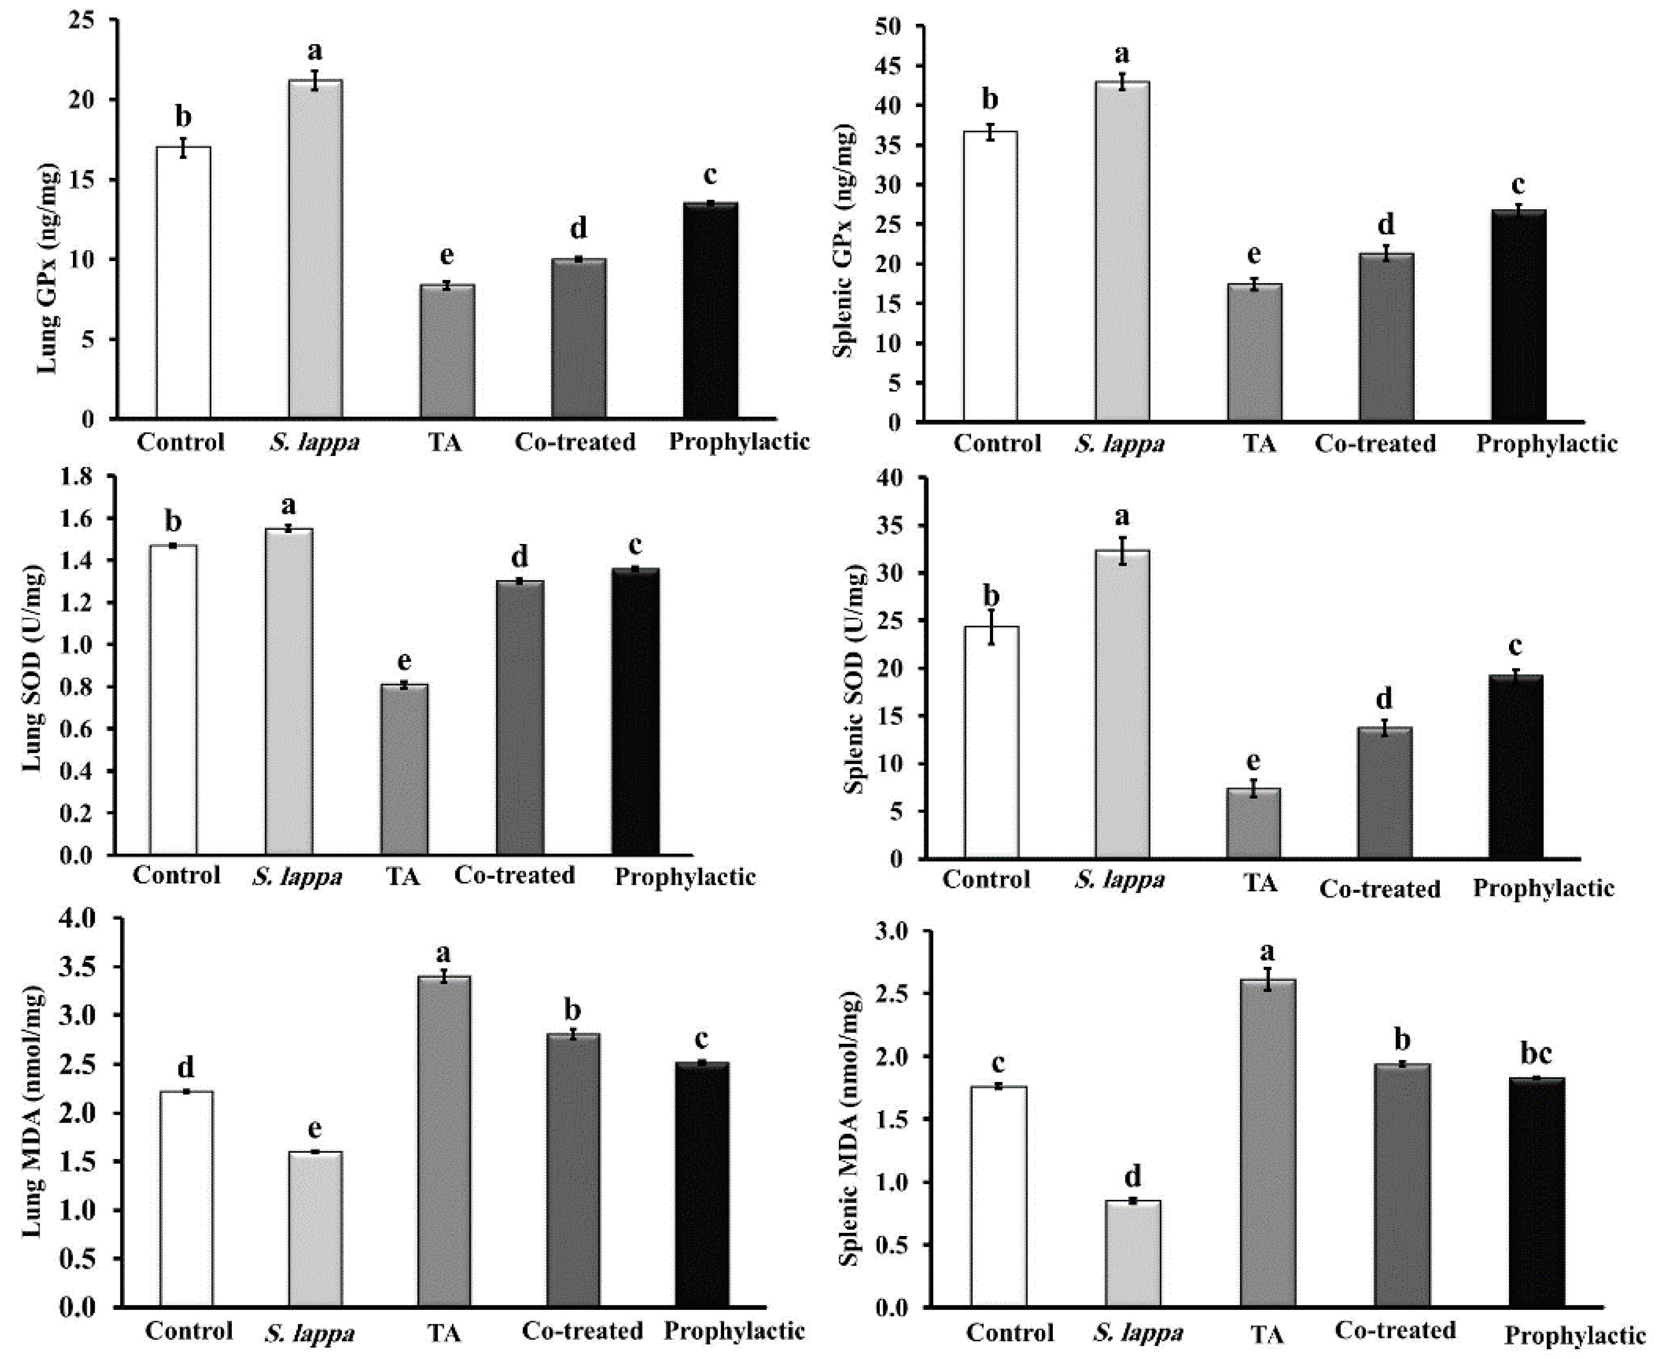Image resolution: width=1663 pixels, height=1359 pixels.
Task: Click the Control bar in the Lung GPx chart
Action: coord(183,282)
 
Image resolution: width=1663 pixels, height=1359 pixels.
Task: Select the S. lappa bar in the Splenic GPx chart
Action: coord(1122,251)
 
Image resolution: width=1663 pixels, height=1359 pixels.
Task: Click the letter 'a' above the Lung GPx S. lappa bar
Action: coord(315,51)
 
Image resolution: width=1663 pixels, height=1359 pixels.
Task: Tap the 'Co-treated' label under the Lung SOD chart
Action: coord(515,875)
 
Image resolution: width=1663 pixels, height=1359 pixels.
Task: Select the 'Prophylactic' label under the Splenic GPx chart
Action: coord(1546,444)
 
